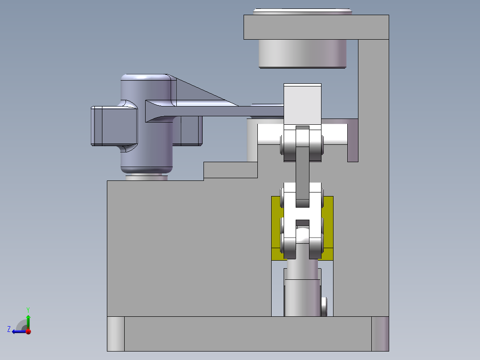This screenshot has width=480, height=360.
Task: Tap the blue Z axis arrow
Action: [x=17, y=331]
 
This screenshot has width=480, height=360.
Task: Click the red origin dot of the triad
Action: [x=28, y=331]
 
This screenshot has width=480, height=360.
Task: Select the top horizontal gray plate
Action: [x=316, y=27]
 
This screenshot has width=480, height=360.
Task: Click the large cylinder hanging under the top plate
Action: [x=302, y=53]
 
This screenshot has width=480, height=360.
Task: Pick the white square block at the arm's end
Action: [x=302, y=104]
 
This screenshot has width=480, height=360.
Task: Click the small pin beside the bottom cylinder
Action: [x=324, y=306]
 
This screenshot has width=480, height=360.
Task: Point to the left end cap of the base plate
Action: [x=115, y=334]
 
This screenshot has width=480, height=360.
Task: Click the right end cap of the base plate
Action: [x=380, y=334]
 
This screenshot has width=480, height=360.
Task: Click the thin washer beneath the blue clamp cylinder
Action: [x=146, y=178]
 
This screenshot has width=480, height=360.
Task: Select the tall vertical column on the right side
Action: [x=374, y=178]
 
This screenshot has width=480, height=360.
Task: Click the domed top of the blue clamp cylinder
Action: [x=146, y=78]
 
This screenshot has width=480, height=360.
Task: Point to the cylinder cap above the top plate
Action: [x=303, y=11]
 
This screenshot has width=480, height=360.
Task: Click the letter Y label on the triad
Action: [x=28, y=309]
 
